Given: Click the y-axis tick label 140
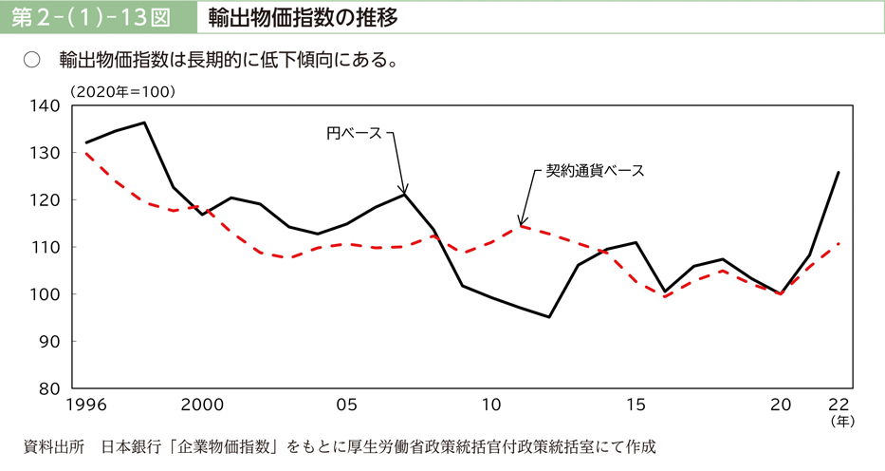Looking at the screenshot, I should coord(46,105).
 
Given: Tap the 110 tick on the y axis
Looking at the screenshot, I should coord(46,247).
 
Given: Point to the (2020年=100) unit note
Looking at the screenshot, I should coord(121,91).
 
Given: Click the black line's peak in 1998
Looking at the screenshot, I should coord(144,122).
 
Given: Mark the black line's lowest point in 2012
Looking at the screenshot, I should coord(549,317).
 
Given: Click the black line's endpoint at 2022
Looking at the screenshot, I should coord(839,172).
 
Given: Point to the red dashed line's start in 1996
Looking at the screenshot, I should coord(86,153).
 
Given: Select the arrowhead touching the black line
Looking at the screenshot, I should coord(404,189).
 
